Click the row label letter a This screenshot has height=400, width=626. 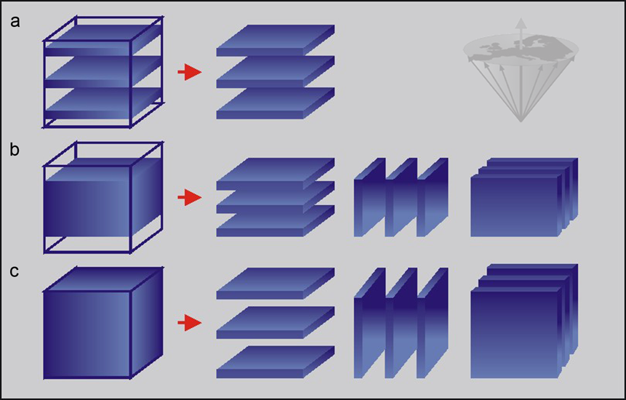click(15, 22)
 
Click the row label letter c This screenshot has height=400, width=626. click(15, 271)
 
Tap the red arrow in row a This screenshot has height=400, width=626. click(190, 72)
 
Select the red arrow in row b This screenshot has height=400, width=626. click(190, 198)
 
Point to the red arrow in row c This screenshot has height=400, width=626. click(190, 323)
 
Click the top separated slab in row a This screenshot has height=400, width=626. click(276, 40)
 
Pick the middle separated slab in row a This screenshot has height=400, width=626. click(276, 72)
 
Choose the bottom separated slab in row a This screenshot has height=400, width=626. click(276, 103)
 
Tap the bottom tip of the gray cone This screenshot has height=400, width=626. click(521, 121)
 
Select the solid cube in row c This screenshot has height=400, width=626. click(103, 323)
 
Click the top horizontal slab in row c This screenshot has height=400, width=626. click(276, 284)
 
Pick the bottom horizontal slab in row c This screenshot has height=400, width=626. click(276, 362)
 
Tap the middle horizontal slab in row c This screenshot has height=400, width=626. click(276, 323)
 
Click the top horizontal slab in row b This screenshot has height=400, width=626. click(276, 174)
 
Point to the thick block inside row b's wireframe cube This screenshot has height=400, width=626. click(103, 197)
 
